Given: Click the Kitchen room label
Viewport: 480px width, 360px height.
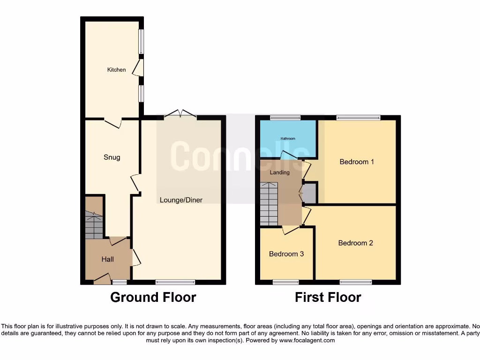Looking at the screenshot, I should [x=117, y=70].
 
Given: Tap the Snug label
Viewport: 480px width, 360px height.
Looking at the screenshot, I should [x=112, y=157].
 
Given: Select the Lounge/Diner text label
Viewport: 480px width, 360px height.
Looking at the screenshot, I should [x=181, y=200].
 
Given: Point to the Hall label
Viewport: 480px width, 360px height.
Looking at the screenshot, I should [x=108, y=259].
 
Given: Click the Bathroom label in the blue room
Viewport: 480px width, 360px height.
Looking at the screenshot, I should [x=288, y=139].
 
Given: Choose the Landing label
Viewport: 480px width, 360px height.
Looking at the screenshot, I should [x=280, y=172].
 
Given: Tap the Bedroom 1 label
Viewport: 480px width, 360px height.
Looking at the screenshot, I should [x=357, y=162].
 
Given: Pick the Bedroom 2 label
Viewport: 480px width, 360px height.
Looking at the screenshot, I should [x=355, y=243].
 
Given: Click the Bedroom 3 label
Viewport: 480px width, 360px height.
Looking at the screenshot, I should [x=286, y=254].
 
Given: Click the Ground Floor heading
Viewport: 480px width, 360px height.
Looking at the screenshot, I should [x=153, y=297].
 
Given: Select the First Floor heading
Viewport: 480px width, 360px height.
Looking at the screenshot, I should [x=328, y=297].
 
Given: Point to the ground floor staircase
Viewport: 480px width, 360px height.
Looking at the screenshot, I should [x=94, y=225].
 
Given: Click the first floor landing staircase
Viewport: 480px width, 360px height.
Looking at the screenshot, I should [x=269, y=204].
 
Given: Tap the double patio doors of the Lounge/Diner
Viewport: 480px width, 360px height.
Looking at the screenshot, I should [x=180, y=114].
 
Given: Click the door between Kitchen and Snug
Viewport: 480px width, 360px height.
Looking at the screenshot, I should [x=112, y=123].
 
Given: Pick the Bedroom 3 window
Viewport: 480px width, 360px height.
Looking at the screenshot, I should [x=286, y=282].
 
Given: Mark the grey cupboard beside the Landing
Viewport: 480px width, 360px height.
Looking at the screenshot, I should [x=310, y=193].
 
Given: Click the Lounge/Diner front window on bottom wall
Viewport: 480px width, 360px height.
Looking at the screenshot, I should [x=175, y=282].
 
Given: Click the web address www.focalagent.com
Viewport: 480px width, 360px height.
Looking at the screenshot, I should [x=307, y=341].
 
